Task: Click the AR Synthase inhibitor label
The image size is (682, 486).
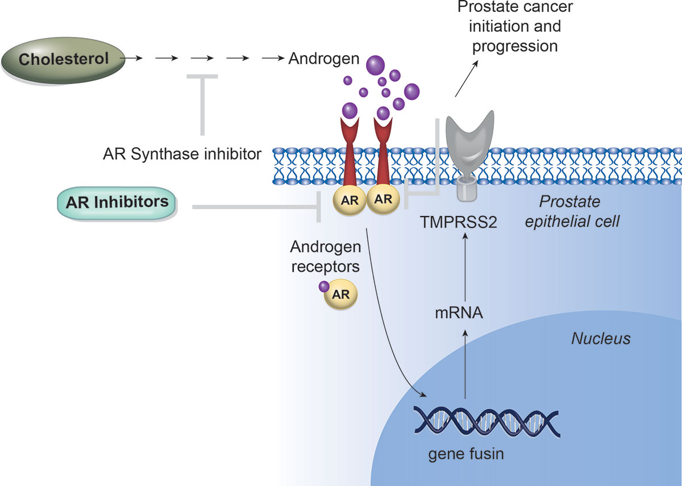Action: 182,153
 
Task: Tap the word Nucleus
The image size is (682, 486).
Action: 601,339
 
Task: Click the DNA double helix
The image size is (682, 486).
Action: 486,419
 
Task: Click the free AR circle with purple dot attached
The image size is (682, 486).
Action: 340,294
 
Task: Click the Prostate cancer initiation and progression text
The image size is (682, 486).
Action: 515,26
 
